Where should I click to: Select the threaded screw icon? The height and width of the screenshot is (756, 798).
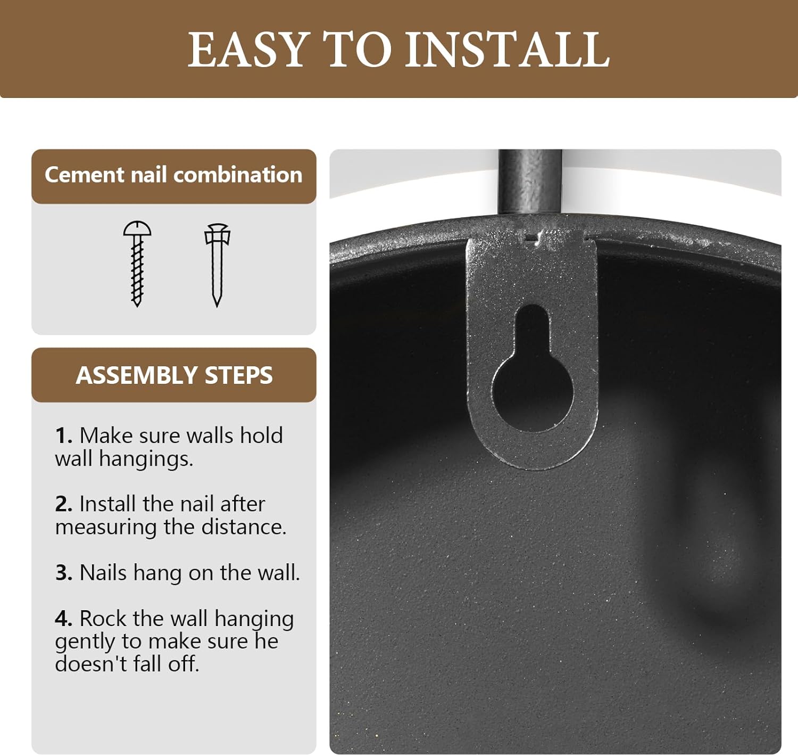click(137, 264)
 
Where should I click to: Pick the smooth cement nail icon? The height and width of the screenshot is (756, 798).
click(217, 265)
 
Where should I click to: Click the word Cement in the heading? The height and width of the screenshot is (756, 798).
click(85, 175)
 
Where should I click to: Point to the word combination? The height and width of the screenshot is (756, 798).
click(238, 175)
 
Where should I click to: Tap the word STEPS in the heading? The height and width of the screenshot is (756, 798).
click(239, 375)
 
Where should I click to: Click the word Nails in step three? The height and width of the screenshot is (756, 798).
click(104, 572)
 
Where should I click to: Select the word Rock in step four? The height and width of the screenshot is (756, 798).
click(103, 618)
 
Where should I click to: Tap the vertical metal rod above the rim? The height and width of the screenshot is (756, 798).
click(530, 181)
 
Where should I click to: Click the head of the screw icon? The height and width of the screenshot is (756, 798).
click(137, 228)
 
